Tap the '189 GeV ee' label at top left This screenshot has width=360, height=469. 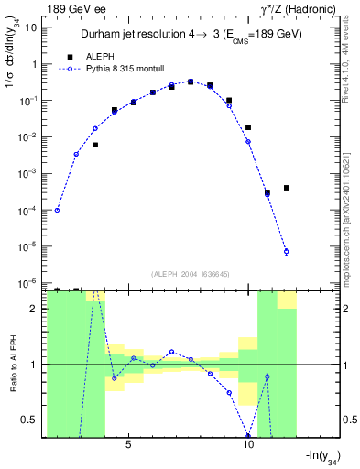[76, 7]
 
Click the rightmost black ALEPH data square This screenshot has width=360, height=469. [287, 188]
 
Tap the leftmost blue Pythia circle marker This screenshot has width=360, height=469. [57, 210]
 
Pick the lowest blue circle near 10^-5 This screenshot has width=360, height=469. [287, 252]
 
